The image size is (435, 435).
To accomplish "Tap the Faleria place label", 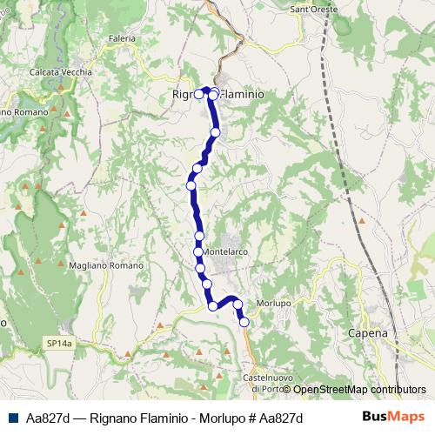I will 123,38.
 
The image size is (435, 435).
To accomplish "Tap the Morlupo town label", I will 274,303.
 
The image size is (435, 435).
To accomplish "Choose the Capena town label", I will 366,332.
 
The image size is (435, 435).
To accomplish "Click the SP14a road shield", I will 60,345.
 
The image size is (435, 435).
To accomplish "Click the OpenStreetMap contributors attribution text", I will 359,390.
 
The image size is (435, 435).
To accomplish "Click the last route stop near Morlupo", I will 244,322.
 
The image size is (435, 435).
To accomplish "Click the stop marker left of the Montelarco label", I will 198,252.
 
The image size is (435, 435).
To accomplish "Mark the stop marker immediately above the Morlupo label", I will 237,304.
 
